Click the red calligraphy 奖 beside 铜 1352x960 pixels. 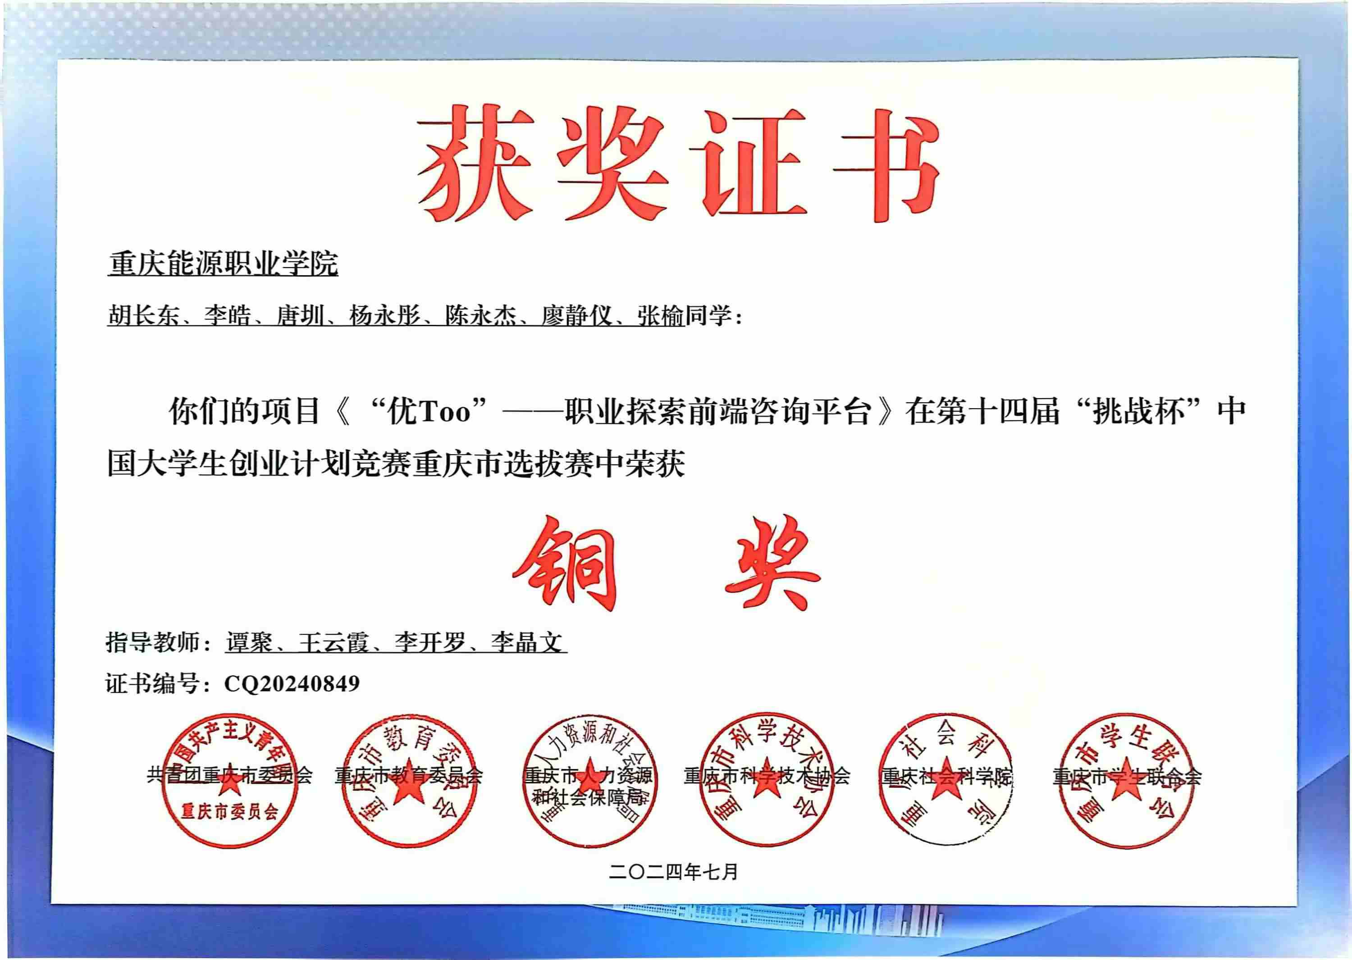point(772,564)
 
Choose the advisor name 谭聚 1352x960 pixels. point(249,642)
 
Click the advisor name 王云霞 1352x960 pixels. point(333,642)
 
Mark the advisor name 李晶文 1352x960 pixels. point(526,642)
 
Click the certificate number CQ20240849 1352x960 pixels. point(292,684)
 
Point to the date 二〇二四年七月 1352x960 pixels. point(674,872)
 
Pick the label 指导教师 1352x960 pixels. point(153,642)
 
